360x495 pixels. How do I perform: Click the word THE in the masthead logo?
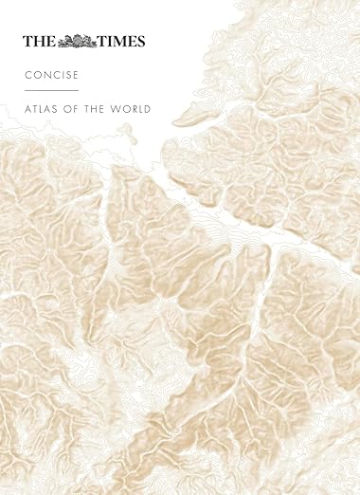[40, 41]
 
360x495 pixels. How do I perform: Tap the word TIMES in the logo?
[122, 41]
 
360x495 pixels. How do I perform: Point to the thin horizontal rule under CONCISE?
[51, 90]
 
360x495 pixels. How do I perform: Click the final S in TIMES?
[141, 41]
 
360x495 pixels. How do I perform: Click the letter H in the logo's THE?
[40, 41]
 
